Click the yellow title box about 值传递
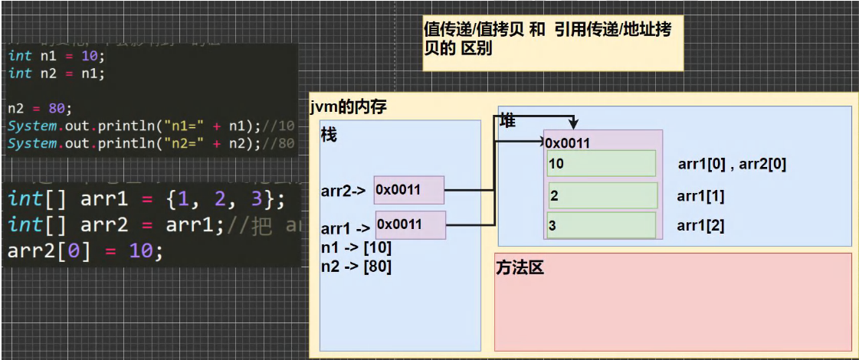point(552,44)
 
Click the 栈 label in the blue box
point(329,136)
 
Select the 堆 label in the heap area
point(508,120)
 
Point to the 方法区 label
point(520,268)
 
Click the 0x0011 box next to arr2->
point(408,190)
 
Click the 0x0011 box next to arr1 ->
point(409,224)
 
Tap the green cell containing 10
point(602,163)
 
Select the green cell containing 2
point(603,196)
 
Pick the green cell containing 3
point(602,226)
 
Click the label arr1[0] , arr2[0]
point(732,163)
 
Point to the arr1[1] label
point(700,196)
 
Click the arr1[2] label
point(700,226)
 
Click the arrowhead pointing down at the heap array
point(574,124)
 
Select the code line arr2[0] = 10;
point(84,250)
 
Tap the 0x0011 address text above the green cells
point(567,142)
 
